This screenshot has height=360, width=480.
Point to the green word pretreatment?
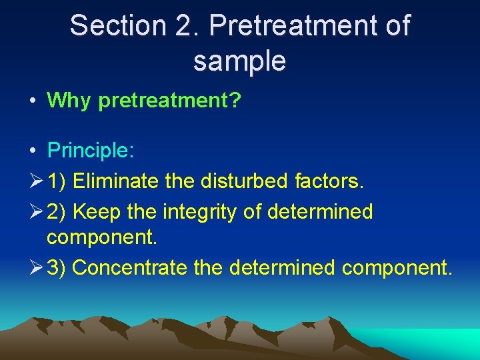click(169, 101)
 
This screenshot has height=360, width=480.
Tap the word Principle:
click(91, 150)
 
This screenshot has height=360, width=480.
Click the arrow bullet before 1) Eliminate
click(37, 181)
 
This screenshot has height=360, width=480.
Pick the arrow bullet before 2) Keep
click(37, 212)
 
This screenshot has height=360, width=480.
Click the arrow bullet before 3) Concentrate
click(37, 268)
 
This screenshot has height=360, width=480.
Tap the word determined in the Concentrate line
click(283, 268)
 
